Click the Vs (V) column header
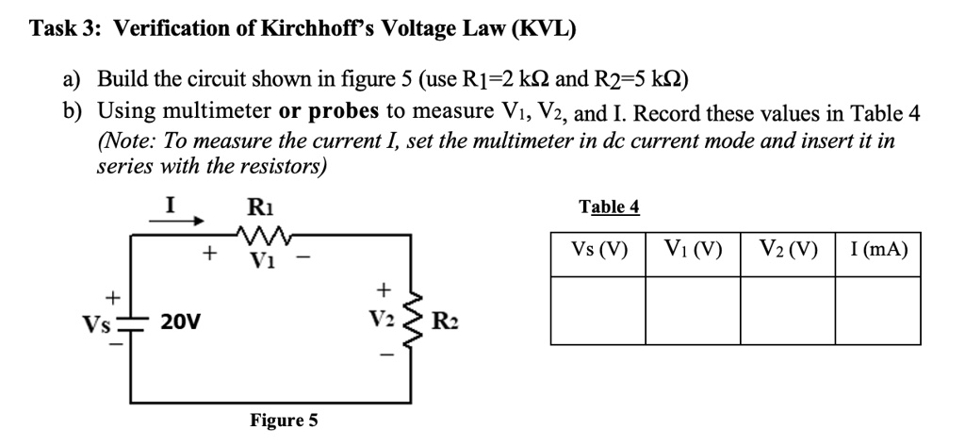coord(598,251)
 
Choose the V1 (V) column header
coord(693,251)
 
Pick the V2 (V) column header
coord(788,251)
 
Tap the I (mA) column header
coord(877,251)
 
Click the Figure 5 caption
coord(284,420)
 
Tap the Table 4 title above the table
coord(609,207)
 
